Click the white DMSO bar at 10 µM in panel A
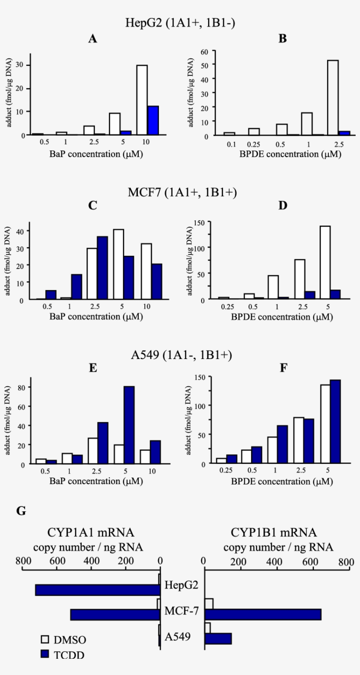pos(142,100)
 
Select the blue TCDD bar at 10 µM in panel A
pos(153,121)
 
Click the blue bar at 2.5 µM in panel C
pos(102,268)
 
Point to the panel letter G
pos(21,511)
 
